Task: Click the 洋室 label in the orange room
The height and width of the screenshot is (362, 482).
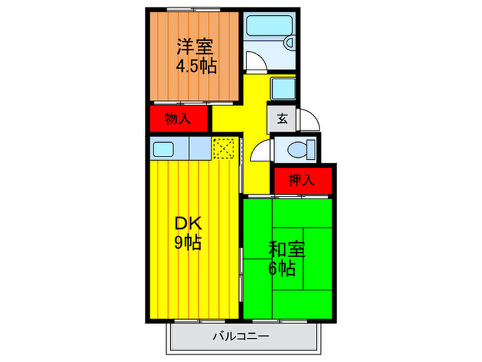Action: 195,47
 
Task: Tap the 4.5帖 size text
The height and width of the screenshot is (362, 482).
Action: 195,67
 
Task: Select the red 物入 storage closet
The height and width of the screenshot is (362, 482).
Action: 178,119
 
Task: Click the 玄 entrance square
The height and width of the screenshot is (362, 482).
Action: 282,118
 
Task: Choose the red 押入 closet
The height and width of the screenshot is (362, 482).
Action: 301,181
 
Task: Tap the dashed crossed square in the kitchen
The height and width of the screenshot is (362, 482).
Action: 224,148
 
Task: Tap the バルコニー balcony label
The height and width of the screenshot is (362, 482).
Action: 241,337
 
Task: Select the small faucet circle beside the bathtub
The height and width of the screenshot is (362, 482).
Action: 290,42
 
